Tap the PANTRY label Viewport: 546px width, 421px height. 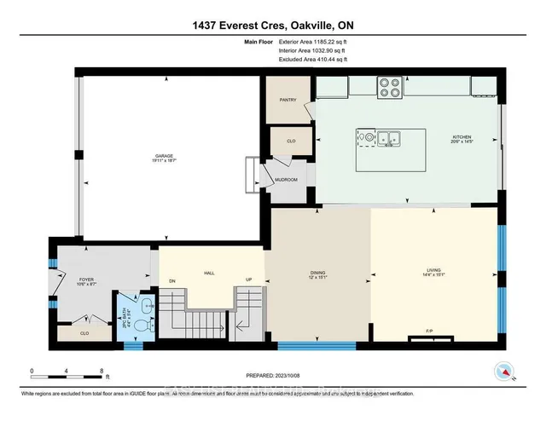(x=287, y=100)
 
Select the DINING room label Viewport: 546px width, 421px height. (x=318, y=274)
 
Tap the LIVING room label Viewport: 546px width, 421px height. (x=434, y=274)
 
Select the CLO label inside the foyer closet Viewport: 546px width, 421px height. (x=86, y=333)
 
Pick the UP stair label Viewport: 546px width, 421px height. (x=249, y=280)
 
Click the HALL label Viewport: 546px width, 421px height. (x=208, y=274)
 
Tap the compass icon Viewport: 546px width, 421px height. (x=502, y=372)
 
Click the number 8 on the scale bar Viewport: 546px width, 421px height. (x=102, y=372)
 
